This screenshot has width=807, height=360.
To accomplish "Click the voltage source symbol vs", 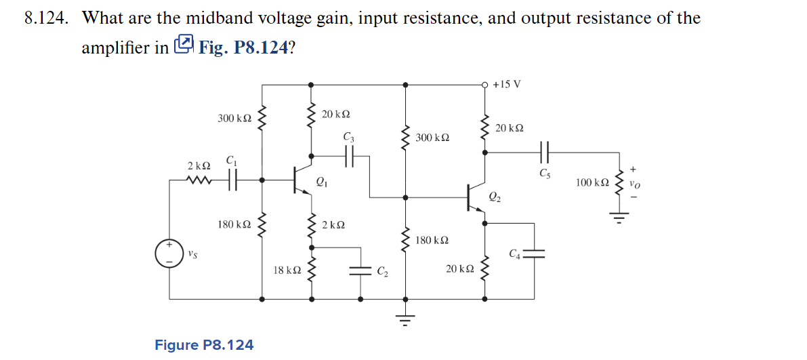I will click(x=169, y=253).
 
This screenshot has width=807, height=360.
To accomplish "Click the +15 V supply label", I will click(x=507, y=85).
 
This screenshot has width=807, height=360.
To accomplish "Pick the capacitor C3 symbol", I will click(x=349, y=156).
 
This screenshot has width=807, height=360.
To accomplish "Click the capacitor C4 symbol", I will click(x=535, y=253).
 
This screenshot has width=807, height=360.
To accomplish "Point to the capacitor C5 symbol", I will click(x=545, y=153).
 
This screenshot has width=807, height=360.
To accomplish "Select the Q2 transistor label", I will click(x=495, y=197).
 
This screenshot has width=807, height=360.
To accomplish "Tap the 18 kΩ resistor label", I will click(x=287, y=270).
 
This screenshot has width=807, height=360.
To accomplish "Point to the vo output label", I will click(x=634, y=183).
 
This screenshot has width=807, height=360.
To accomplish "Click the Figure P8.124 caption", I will click(x=204, y=345).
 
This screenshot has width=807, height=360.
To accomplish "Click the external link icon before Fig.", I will click(x=184, y=45).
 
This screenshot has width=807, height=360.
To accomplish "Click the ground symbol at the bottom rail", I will click(x=405, y=319).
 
